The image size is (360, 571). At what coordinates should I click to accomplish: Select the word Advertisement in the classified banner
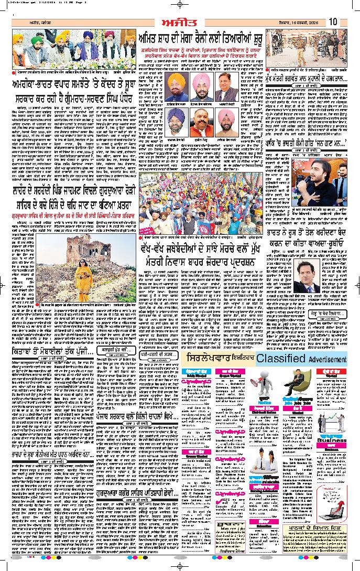(x=327, y=359)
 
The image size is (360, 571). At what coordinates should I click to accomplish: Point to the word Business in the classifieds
(x=332, y=440)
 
